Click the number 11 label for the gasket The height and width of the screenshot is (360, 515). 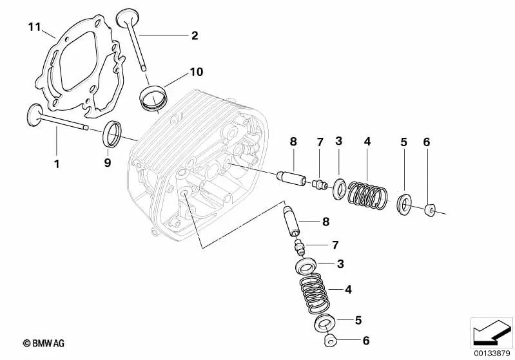point(34,27)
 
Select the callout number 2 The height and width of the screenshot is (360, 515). point(195,35)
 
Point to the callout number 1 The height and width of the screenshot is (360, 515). point(56,164)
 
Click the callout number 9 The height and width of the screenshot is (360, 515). point(108,164)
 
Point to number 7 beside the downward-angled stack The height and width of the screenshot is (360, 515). point(334,245)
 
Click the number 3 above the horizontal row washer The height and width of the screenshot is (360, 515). point(338,141)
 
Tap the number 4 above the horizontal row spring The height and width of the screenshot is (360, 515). point(367,141)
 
